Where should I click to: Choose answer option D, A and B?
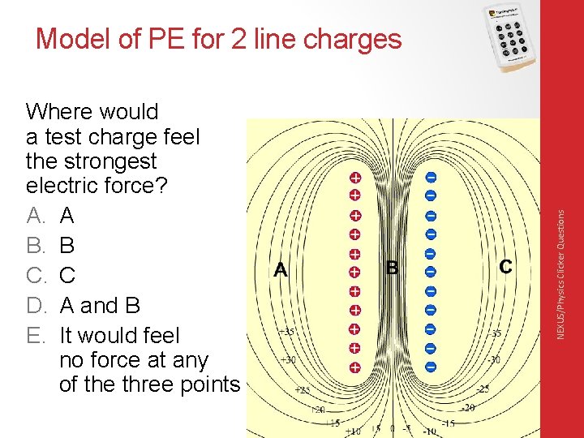(x=100, y=306)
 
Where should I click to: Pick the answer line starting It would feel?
(x=119, y=335)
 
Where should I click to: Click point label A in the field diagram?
(x=281, y=269)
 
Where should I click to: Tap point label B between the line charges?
(x=393, y=267)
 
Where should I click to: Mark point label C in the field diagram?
(x=505, y=266)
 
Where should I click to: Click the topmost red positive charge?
(x=354, y=178)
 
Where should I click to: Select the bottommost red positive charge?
(x=354, y=367)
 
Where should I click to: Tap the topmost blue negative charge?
(x=431, y=178)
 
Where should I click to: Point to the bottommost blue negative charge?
(x=431, y=367)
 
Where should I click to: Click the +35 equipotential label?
(x=286, y=332)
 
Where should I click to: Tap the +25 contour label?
(x=303, y=390)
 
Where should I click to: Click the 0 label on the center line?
(x=393, y=428)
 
